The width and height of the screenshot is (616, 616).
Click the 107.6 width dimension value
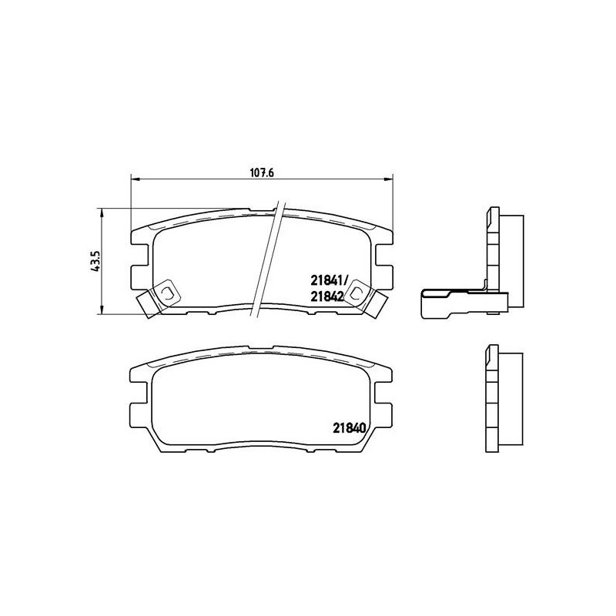pyautogui.click(x=263, y=172)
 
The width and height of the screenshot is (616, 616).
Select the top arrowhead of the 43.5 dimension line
pyautogui.click(x=101, y=212)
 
